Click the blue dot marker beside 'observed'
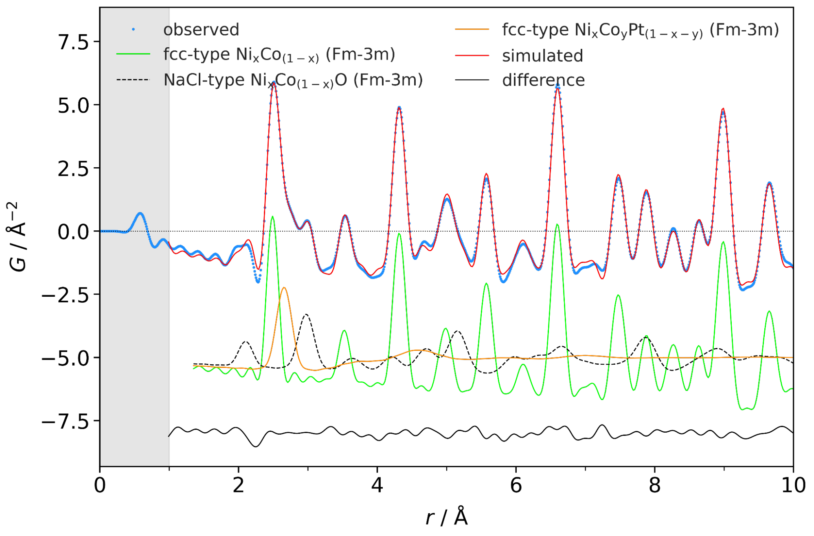coord(133,29)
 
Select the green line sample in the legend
coord(133,54)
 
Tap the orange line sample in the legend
coord(472,29)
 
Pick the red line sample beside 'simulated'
coord(472,55)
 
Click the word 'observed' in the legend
coord(201,30)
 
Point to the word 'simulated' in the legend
coord(542,56)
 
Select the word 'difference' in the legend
coord(543,80)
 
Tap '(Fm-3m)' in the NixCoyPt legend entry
coord(744,30)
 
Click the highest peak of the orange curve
coord(284,288)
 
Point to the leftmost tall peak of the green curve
coord(272,217)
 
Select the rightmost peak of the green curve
coord(769,311)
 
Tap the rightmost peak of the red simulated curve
coord(770,183)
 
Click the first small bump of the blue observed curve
coord(140,213)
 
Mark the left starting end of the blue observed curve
coord(102,231)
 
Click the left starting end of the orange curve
coord(194,365)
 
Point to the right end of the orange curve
coord(792,357)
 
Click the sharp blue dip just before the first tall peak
coord(258,281)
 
